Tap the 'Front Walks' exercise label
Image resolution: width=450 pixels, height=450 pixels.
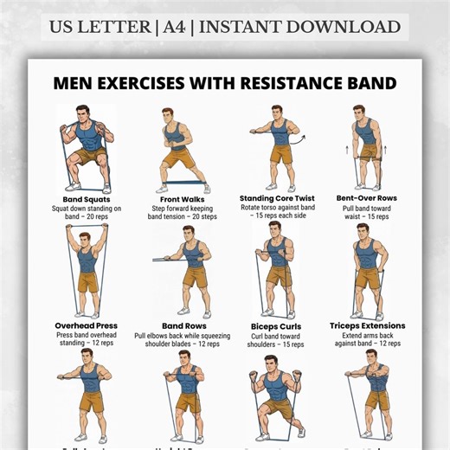pyautogui.click(x=182, y=199)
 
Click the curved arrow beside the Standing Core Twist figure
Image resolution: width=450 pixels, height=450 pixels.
pyautogui.click(x=300, y=138)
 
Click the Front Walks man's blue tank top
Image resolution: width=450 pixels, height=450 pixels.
pyautogui.click(x=177, y=137)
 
